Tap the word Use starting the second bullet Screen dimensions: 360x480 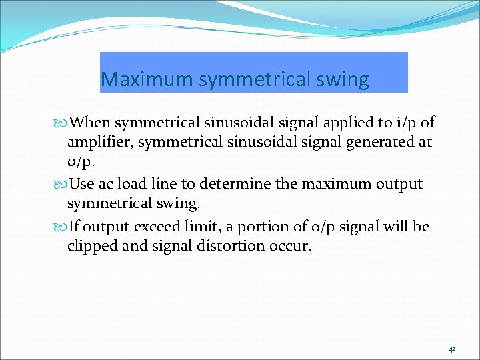[x=81, y=184]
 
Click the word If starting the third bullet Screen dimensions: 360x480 [x=75, y=227]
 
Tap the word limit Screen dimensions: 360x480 [x=198, y=227]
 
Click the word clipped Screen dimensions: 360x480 [x=91, y=246]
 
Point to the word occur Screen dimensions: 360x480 [x=289, y=246]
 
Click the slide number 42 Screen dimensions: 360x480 [x=452, y=349]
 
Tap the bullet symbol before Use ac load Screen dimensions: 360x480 [x=63, y=185]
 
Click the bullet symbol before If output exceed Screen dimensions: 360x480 [x=63, y=227]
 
